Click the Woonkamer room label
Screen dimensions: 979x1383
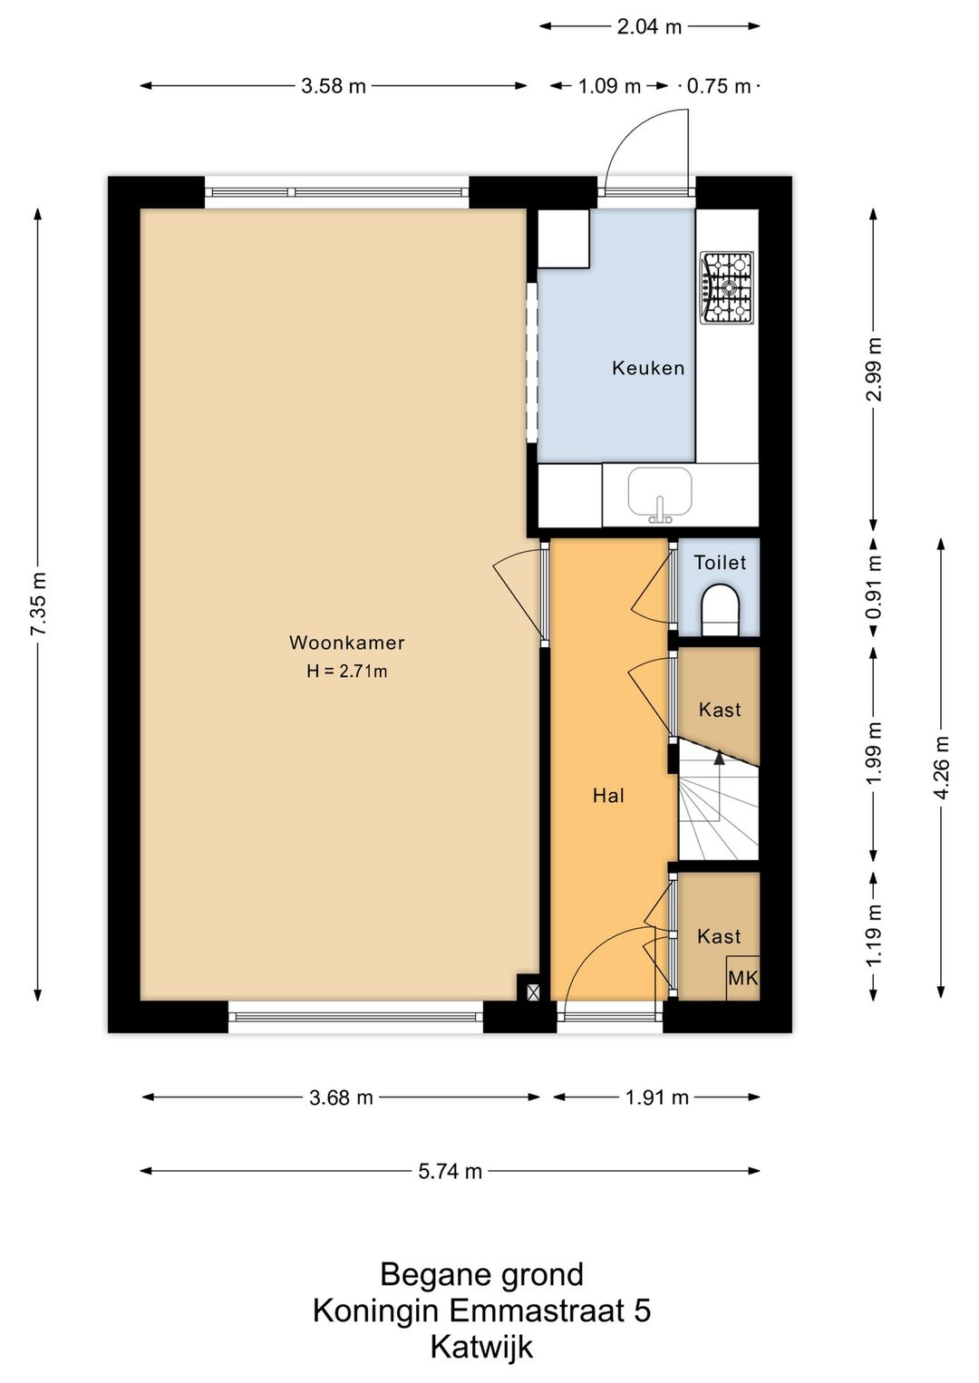[346, 643]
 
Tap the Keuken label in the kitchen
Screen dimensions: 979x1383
[648, 368]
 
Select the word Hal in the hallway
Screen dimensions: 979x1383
[608, 795]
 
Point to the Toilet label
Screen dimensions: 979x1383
[720, 563]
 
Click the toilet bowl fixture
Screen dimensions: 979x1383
[720, 610]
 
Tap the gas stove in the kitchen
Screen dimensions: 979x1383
[727, 287]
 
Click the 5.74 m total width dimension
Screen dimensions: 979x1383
[450, 1171]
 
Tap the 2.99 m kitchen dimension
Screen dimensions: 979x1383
[873, 370]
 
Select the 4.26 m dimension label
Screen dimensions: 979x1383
[941, 768]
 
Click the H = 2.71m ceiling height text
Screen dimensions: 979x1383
[346, 672]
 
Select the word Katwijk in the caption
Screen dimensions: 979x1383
[481, 1347]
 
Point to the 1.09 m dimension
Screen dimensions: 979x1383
[609, 86]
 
